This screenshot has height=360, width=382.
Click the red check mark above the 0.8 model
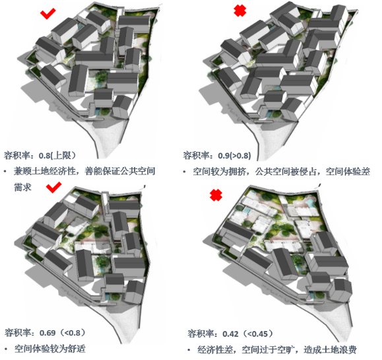(48, 14)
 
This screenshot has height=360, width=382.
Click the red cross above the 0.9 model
(240, 11)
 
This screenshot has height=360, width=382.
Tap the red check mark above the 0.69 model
(53, 188)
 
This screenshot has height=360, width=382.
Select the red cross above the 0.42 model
(216, 195)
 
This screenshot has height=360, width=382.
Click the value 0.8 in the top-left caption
(44, 155)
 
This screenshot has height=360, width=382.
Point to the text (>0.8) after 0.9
(240, 155)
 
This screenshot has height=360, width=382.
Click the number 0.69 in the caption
(48, 333)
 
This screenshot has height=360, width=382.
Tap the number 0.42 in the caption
(230, 334)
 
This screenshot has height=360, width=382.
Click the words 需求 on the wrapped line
(22, 188)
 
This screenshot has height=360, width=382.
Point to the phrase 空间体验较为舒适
(50, 349)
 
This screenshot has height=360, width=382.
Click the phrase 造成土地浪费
(330, 349)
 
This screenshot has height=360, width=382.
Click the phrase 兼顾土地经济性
(45, 171)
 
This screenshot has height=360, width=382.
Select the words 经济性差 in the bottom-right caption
(215, 349)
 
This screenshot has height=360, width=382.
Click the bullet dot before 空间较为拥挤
(185, 172)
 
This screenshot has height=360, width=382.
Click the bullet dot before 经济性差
(189, 350)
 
